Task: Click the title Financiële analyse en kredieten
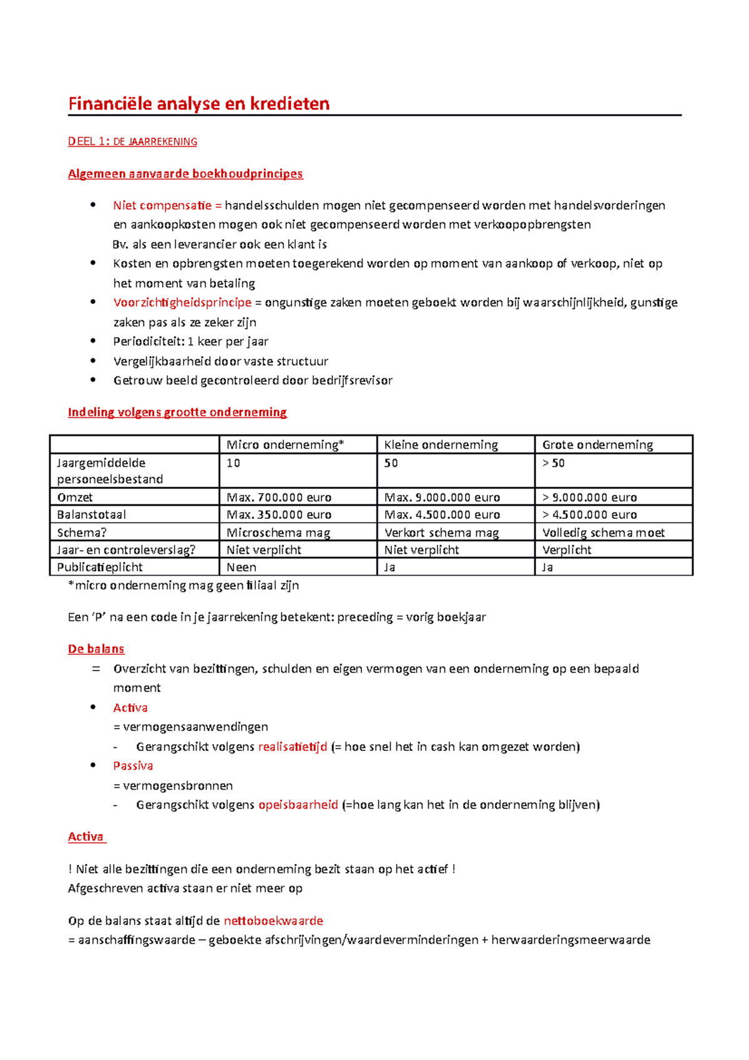click(x=198, y=104)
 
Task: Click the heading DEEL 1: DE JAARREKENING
click(x=132, y=142)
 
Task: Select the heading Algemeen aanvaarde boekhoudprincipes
click(x=185, y=174)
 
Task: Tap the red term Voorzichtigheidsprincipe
click(x=182, y=303)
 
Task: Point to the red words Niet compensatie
click(x=162, y=205)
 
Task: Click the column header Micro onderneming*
click(x=285, y=444)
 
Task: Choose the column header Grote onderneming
click(x=597, y=444)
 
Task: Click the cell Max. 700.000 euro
click(x=278, y=498)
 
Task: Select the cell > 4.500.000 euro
click(x=589, y=515)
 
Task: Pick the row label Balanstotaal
click(x=91, y=515)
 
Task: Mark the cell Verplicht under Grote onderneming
click(x=566, y=550)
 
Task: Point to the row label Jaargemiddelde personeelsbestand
click(x=109, y=471)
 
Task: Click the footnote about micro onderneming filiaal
click(x=184, y=586)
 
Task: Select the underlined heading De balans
click(x=96, y=649)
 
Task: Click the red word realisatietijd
click(x=292, y=747)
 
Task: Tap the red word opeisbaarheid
click(x=298, y=805)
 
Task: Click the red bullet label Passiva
click(x=132, y=766)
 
